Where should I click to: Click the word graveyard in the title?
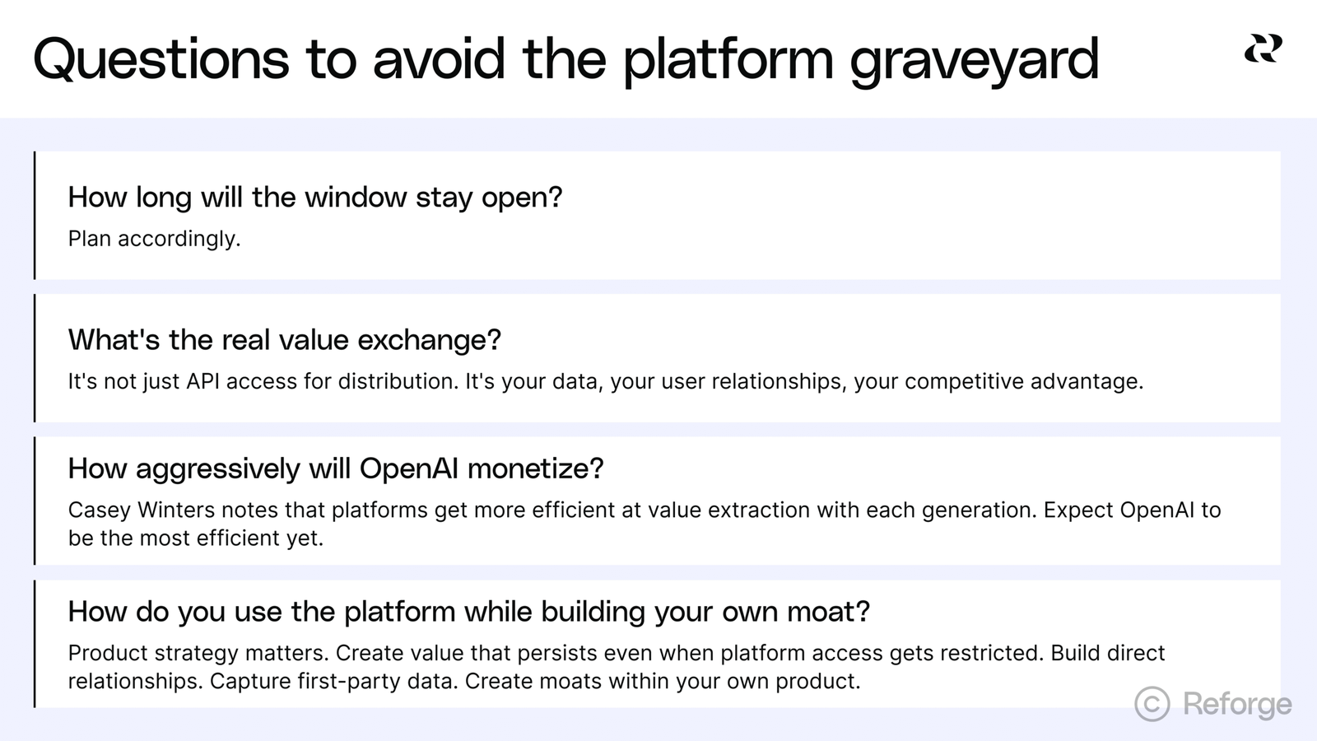(975, 61)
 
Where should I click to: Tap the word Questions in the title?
(161, 58)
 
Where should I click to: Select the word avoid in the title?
(439, 58)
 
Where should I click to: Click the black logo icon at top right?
(1263, 49)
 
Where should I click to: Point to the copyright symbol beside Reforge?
(1152, 703)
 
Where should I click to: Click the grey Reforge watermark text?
(1237, 705)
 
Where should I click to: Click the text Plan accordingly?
(154, 239)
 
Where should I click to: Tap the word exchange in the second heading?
(429, 339)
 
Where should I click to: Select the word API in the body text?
(202, 382)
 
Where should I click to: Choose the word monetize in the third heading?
(535, 468)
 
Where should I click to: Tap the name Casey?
(100, 510)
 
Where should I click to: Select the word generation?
(980, 510)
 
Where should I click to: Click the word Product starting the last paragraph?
(108, 653)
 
